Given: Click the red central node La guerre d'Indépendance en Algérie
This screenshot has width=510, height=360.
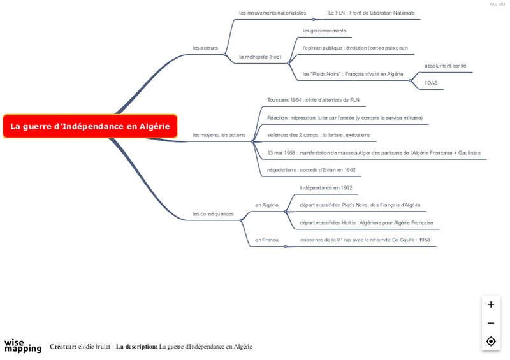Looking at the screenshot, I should (x=90, y=126).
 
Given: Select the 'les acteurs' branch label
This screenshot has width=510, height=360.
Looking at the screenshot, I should (x=205, y=48).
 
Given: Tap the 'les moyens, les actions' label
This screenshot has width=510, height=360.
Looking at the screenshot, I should (x=219, y=135).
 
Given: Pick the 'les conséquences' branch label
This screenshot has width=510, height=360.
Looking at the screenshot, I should (x=213, y=213).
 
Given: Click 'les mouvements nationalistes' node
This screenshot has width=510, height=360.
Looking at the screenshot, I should (x=272, y=13).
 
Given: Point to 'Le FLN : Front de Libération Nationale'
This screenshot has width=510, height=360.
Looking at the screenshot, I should (x=371, y=13).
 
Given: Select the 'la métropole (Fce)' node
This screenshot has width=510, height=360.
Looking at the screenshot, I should (x=259, y=57).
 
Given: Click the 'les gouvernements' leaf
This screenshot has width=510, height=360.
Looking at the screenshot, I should (x=324, y=31).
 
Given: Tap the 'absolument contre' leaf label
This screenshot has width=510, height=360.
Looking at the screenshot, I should (x=445, y=66).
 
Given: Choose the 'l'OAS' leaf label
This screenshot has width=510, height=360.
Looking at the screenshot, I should (x=431, y=83).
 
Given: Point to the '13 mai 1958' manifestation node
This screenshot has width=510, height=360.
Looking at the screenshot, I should (x=374, y=153).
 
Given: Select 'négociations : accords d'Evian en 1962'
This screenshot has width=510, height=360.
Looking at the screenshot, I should (x=311, y=170).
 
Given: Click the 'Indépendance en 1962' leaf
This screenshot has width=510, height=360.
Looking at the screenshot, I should (x=326, y=188).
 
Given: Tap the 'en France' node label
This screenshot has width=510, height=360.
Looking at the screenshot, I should (x=266, y=240).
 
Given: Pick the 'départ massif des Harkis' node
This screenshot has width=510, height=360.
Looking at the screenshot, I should (x=366, y=223).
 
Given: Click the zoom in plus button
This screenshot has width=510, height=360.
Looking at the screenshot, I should (x=491, y=305).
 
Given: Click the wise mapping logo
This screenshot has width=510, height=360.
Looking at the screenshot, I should (x=23, y=345).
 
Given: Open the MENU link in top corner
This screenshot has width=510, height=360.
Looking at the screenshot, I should (x=497, y=4).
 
